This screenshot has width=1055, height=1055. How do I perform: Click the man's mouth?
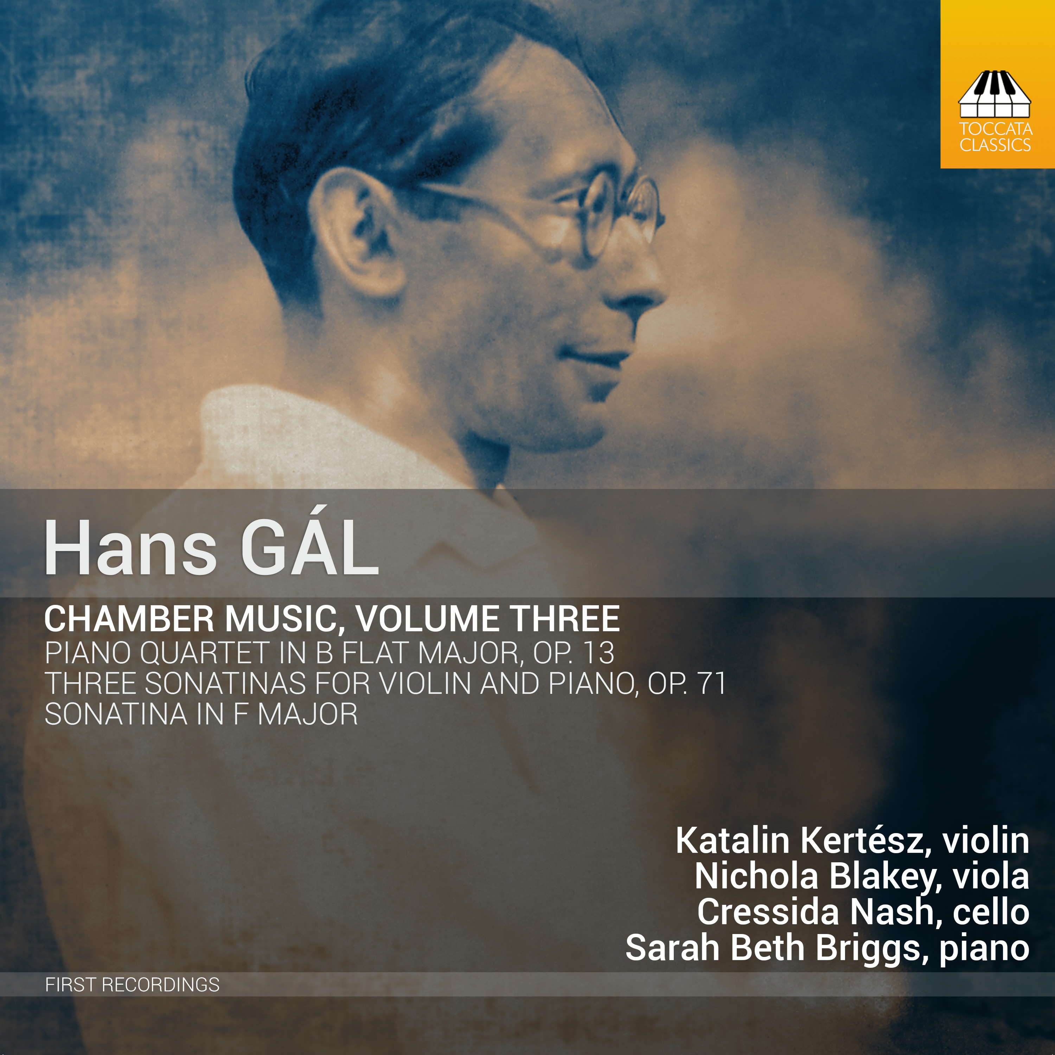[595, 355]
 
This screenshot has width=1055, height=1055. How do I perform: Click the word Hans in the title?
[130, 548]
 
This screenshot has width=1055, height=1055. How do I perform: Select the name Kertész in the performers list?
[865, 840]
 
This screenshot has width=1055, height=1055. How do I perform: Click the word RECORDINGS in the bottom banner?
[161, 985]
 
